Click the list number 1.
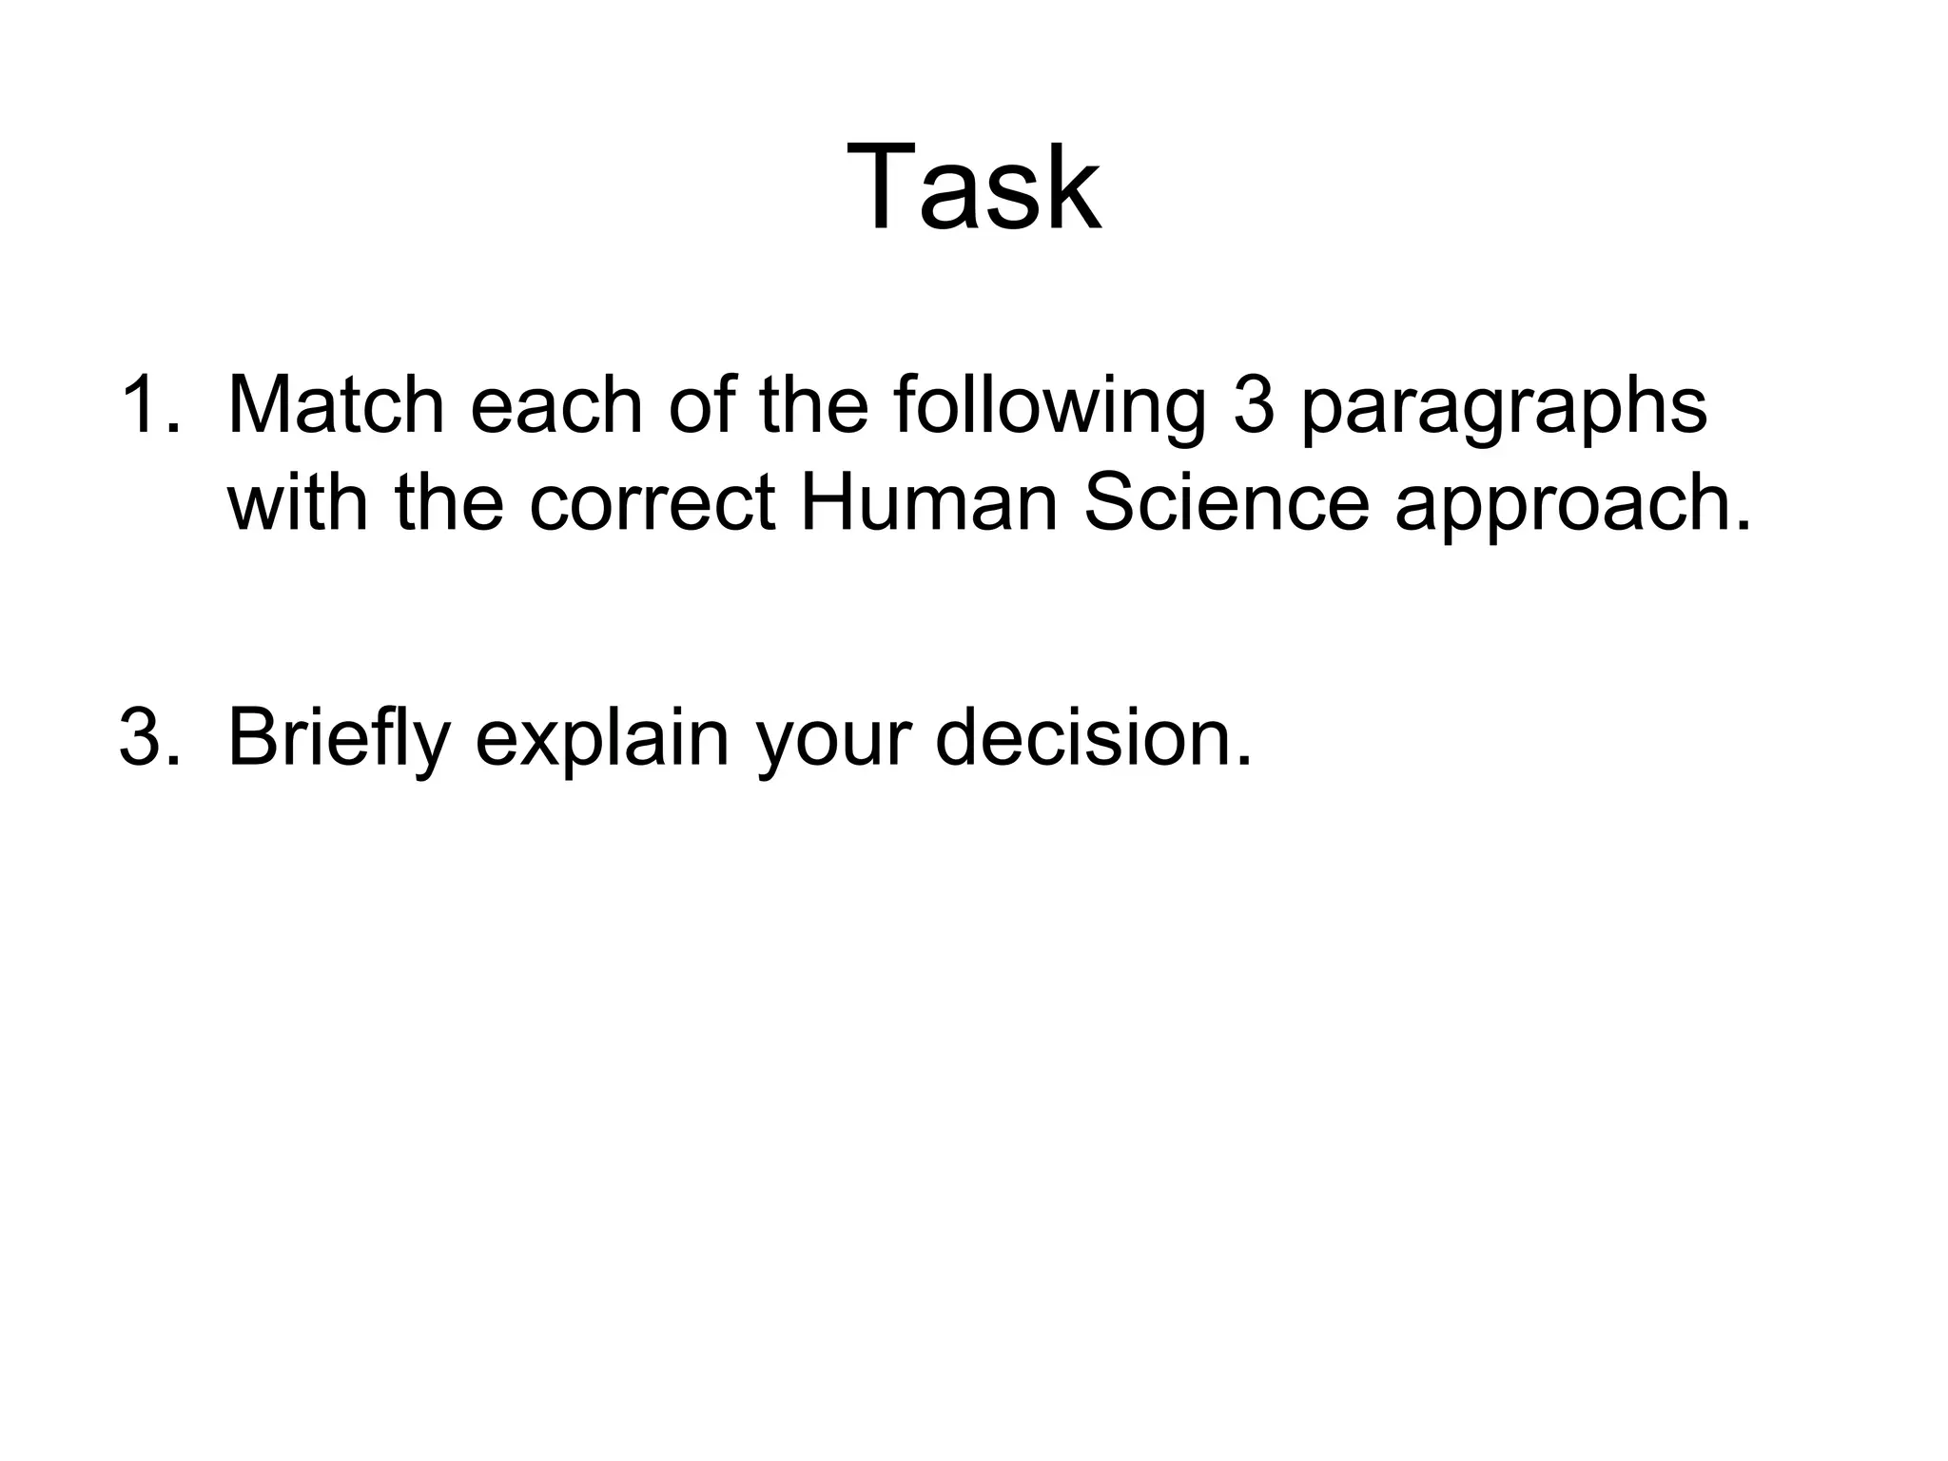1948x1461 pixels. [x=148, y=406]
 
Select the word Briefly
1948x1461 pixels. [x=339, y=740]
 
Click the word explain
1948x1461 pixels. [x=602, y=740]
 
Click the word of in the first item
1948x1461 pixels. [x=701, y=406]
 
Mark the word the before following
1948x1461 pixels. [x=813, y=406]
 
